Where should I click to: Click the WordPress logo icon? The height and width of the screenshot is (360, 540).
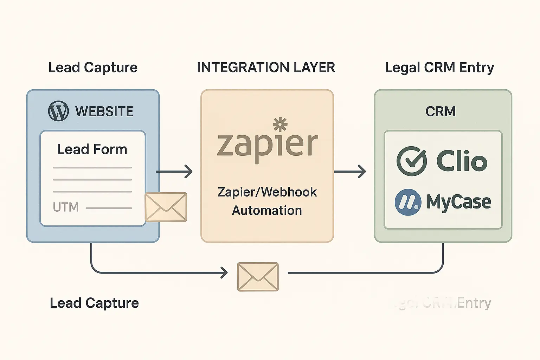click(58, 111)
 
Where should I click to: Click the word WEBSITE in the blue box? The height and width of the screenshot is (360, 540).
click(104, 111)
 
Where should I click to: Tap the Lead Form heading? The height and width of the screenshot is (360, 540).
click(92, 149)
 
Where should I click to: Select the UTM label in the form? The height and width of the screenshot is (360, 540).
click(66, 207)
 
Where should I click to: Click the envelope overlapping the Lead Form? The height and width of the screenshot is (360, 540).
click(166, 207)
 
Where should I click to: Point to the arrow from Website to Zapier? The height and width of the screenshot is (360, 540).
click(174, 172)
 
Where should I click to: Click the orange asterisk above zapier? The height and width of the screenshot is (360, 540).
click(280, 124)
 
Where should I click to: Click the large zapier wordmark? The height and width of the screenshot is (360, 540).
click(267, 145)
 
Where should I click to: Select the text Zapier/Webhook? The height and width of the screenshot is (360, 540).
click(267, 192)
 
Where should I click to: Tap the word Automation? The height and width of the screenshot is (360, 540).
click(267, 210)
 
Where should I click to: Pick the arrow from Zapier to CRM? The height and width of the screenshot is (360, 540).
click(350, 172)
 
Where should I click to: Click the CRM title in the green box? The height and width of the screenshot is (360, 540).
click(441, 111)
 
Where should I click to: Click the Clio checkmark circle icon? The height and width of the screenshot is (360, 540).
click(412, 161)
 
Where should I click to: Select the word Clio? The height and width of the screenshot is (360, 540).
click(462, 161)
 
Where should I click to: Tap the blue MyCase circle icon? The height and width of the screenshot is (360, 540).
click(408, 202)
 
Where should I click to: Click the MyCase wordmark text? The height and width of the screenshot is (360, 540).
click(459, 202)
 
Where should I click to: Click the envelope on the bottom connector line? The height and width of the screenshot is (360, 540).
click(258, 277)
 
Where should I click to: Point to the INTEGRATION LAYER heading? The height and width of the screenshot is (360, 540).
click(266, 67)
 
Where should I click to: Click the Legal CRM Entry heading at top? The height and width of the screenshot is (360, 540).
click(439, 67)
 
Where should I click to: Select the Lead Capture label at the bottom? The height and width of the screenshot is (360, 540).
click(94, 303)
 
